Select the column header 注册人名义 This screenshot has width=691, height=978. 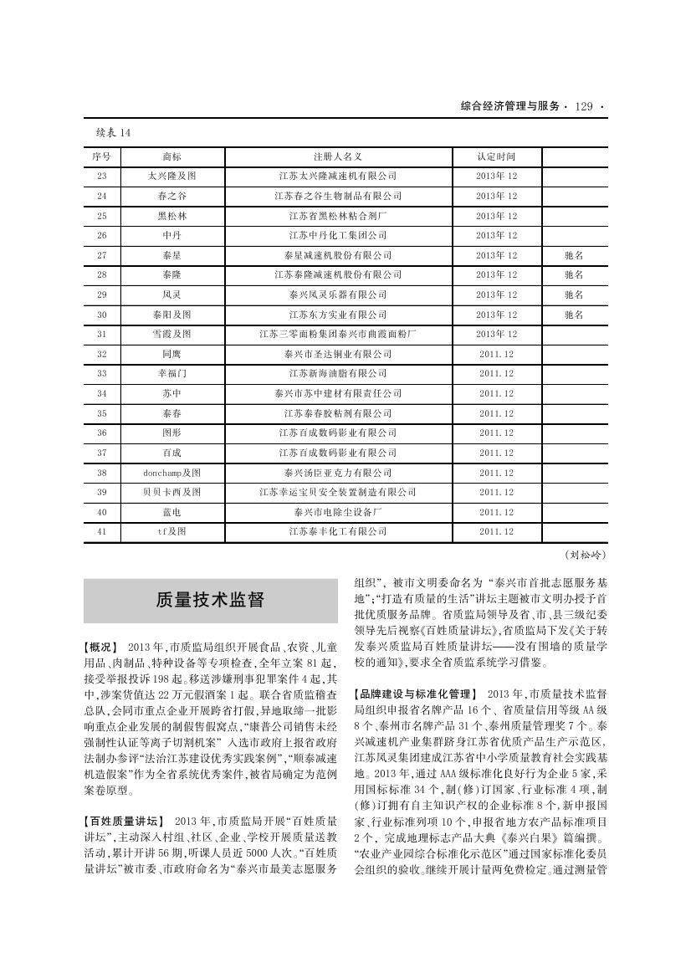(x=338, y=156)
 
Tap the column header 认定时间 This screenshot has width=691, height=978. (x=496, y=156)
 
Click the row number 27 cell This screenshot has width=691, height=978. (x=102, y=255)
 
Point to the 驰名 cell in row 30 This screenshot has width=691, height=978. (x=573, y=315)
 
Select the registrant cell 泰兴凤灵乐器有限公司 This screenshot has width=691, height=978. (x=338, y=294)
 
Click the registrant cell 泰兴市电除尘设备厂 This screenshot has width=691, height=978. (x=338, y=512)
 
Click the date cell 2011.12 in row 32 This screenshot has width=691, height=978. (x=496, y=354)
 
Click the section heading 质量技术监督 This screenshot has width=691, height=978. (x=210, y=600)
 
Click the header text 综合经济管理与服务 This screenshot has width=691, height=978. (x=509, y=106)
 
